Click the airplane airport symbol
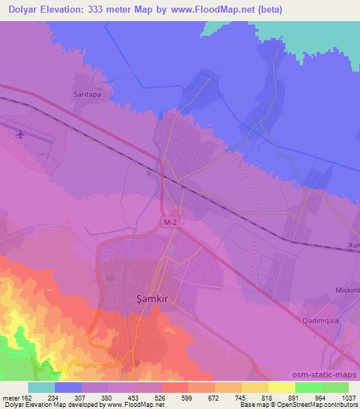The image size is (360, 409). coord(20,133)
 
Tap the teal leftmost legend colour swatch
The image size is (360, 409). coord(41,387)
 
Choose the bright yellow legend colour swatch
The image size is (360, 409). coord(281,387)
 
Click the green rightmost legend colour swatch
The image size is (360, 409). coord(335,387)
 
